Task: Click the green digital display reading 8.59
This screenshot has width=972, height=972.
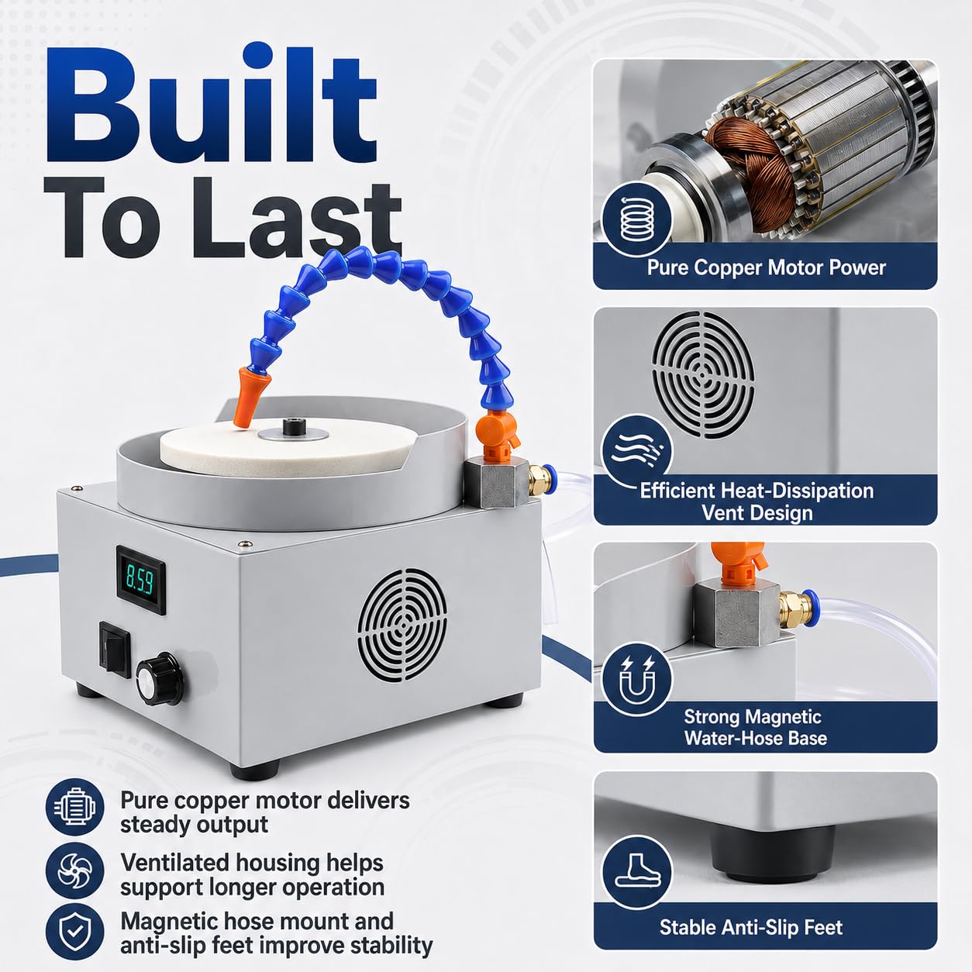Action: (x=141, y=580)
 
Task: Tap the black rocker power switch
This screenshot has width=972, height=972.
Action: (x=115, y=649)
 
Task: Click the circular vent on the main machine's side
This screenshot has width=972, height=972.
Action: (x=402, y=625)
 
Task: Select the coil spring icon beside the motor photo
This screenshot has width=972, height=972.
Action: (x=638, y=219)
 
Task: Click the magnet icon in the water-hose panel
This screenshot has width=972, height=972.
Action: (x=638, y=678)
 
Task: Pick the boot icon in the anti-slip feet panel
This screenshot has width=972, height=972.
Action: (x=638, y=873)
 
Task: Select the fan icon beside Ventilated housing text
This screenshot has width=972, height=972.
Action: (x=74, y=870)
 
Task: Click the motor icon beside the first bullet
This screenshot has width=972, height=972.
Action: (x=74, y=807)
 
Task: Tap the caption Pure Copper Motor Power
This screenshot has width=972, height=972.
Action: (x=766, y=267)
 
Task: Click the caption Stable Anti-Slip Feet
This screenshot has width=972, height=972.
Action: (x=751, y=927)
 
